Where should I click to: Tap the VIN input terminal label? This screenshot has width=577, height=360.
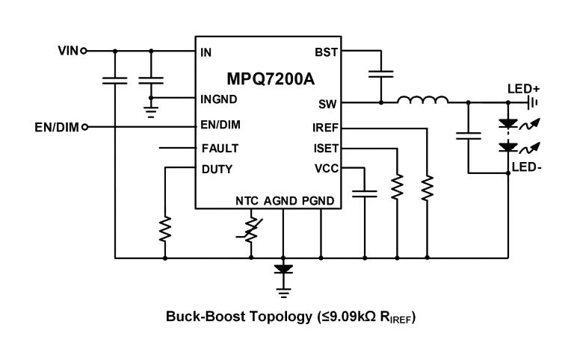point(67,51)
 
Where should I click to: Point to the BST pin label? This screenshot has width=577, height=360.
point(325,53)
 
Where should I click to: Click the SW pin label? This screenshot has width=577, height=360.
point(327,103)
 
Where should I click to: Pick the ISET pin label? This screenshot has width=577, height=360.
point(324,148)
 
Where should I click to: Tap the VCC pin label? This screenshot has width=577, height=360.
point(325,169)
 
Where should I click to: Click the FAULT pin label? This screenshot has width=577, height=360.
point(220,148)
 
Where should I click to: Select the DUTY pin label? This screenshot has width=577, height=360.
point(217,169)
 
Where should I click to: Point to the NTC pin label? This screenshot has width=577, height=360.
point(247,200)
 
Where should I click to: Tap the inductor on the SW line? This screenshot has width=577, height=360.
point(422,100)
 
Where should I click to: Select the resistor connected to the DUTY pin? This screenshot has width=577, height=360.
point(165,229)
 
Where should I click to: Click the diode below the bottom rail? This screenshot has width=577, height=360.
point(283,267)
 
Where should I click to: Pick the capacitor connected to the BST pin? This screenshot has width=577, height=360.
point(381,74)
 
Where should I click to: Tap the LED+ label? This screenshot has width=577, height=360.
point(523,89)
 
